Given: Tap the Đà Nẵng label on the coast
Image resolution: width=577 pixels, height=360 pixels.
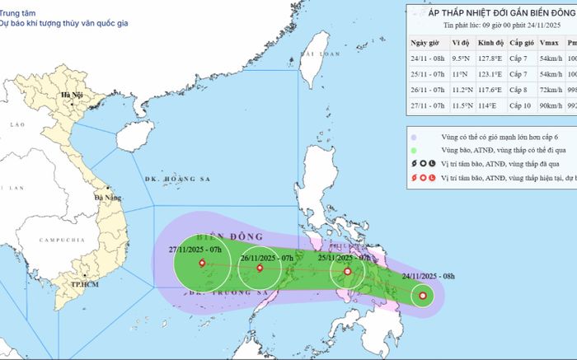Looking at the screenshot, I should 109,198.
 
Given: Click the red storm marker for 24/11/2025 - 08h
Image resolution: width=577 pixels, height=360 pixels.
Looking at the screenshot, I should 422,296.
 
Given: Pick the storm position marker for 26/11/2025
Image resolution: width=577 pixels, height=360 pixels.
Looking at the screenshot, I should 260,267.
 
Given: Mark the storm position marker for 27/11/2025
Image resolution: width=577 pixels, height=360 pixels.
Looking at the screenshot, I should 203,264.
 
